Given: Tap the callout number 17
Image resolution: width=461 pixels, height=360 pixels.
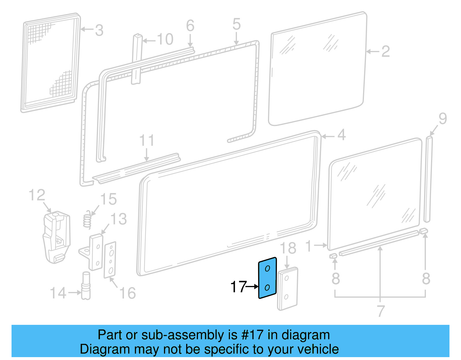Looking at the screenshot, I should [x=238, y=287].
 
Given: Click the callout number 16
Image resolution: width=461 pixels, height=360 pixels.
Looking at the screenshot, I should [x=127, y=293].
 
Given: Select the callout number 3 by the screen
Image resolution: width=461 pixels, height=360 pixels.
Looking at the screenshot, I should [x=99, y=30].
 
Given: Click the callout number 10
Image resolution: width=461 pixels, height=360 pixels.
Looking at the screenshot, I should [x=165, y=39].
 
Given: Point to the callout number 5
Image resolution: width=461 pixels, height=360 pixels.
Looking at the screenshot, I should [x=236, y=24].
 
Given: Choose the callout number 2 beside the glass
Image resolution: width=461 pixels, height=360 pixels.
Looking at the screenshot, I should [x=386, y=52].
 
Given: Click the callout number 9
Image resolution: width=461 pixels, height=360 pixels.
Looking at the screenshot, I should [x=443, y=119].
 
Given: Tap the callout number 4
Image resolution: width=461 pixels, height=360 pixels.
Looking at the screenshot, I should [x=341, y=135].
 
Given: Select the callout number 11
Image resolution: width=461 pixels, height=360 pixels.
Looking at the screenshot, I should [x=147, y=141].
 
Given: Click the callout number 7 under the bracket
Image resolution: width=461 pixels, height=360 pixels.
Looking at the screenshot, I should [x=381, y=311].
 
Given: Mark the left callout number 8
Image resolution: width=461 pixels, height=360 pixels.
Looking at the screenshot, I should [x=336, y=278].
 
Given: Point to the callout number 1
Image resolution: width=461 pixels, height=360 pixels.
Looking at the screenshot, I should [x=309, y=246].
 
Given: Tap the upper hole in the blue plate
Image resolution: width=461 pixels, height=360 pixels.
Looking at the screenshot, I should [x=267, y=269].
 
